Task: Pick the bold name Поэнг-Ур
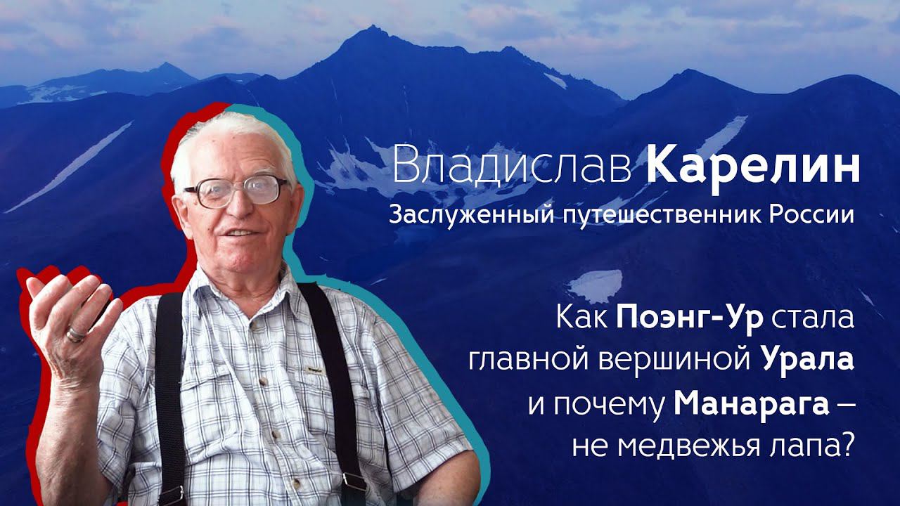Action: click(690, 320)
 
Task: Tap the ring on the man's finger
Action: click(75, 335)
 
